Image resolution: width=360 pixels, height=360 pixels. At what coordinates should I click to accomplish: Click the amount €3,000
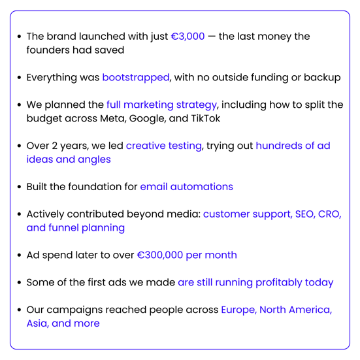click(x=188, y=37)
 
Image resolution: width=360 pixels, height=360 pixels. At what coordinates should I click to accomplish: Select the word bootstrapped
click(x=136, y=78)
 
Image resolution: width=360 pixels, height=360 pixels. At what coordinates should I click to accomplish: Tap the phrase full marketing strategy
click(x=161, y=105)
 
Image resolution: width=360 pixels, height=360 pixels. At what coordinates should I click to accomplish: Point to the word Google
click(x=147, y=119)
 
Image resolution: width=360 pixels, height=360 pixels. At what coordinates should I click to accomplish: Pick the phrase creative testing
click(x=164, y=146)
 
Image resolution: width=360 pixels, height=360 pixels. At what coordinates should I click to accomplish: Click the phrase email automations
click(x=186, y=187)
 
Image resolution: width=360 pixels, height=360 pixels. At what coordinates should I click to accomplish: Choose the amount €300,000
click(x=160, y=255)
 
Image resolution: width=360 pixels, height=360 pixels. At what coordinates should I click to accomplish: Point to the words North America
click(x=295, y=310)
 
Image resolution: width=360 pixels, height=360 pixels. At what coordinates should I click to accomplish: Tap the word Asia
click(x=37, y=323)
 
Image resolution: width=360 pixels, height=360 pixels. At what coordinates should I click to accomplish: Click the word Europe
click(x=238, y=310)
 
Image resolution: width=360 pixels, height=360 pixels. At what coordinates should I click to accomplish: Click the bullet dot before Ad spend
click(x=20, y=255)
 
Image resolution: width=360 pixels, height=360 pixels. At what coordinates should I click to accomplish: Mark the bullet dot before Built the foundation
click(x=20, y=187)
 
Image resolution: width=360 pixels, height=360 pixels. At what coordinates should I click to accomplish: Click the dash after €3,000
click(x=212, y=37)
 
